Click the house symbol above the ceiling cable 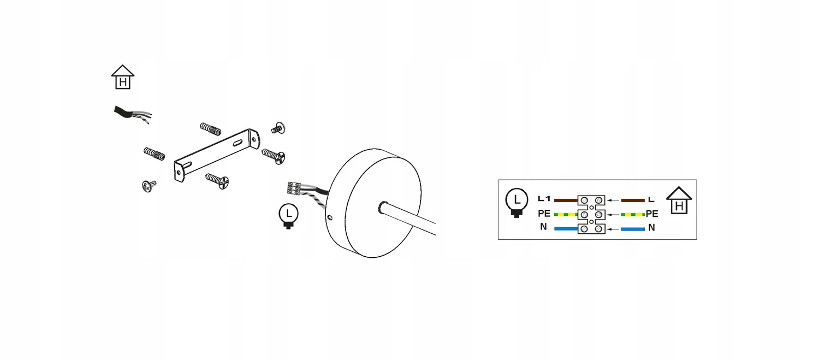point(123,77)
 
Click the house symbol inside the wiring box point(679,200)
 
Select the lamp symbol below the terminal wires point(288,216)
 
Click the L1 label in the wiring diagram point(544,199)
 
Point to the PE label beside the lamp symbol point(544,213)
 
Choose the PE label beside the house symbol point(652,214)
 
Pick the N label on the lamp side point(543,227)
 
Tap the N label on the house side point(651,228)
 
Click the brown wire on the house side point(633,200)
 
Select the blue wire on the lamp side point(566,229)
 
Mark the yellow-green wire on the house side point(633,214)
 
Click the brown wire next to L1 point(566,200)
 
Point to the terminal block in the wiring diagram point(591,215)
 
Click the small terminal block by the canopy point(294,188)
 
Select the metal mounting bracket point(217,155)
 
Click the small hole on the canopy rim point(330,217)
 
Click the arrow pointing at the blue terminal point(613,229)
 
